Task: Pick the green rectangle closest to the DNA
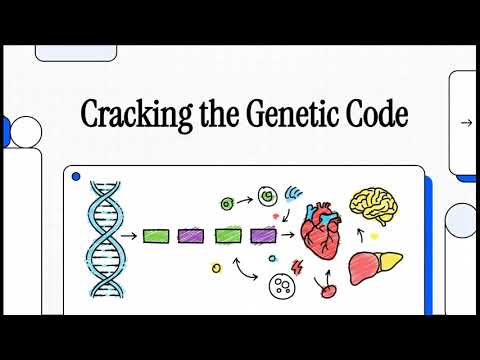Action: (156, 236)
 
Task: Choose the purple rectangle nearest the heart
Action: (263, 236)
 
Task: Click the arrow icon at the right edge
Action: (465, 123)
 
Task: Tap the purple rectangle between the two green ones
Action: (191, 236)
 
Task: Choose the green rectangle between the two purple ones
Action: (227, 236)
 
